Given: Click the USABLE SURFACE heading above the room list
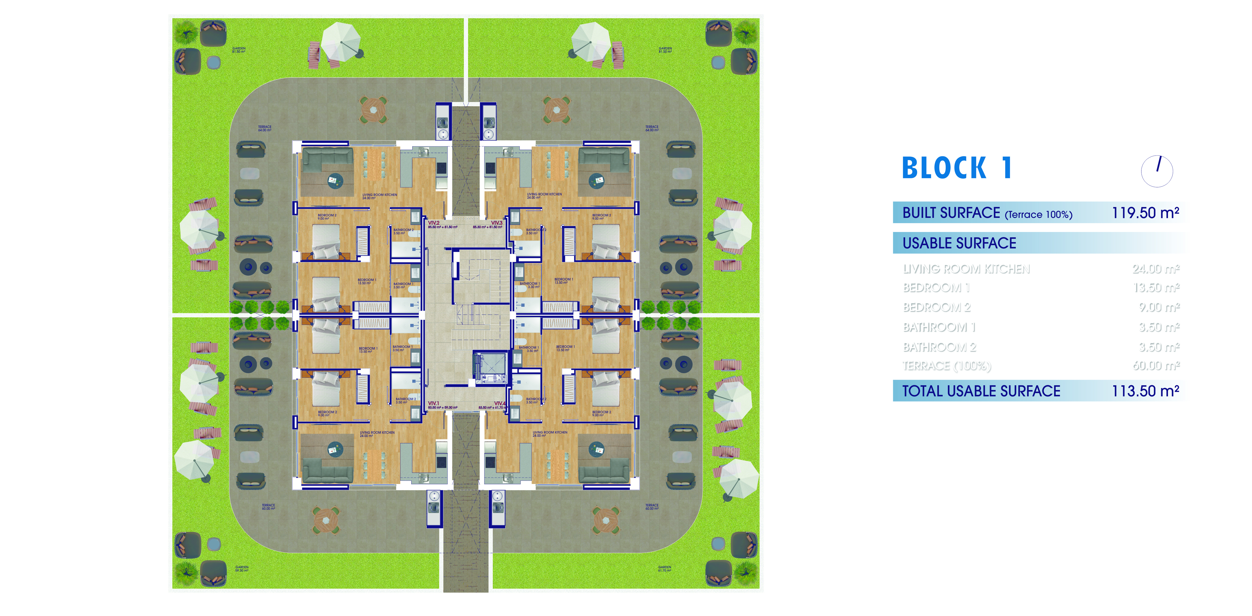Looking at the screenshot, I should [x=959, y=243].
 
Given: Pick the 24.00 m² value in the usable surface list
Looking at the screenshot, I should [x=1156, y=269].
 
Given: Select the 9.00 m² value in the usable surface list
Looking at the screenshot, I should [x=1159, y=307].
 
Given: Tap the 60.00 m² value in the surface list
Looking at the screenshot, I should [x=1156, y=366].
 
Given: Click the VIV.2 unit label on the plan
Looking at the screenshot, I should [x=433, y=223].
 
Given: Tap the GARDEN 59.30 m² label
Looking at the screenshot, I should [x=241, y=568].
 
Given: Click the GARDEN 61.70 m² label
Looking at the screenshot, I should [x=664, y=568].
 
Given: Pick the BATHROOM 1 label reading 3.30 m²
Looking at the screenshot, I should [x=529, y=285].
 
